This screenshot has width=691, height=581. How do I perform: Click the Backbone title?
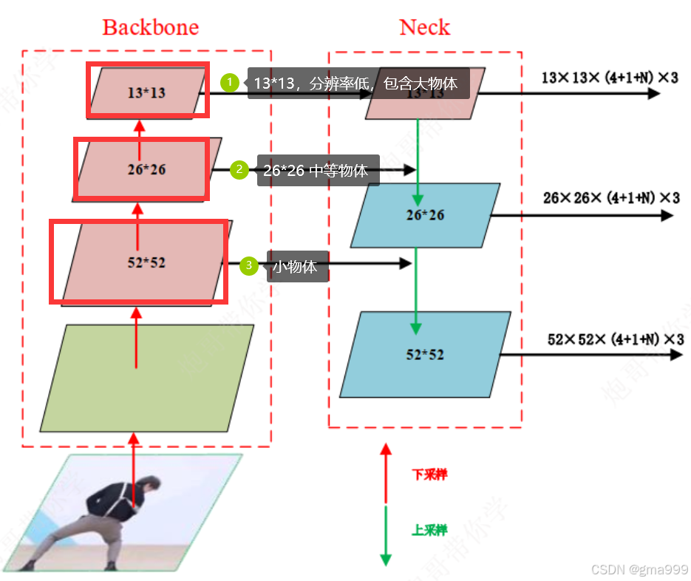(x=151, y=27)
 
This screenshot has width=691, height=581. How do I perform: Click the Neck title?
(x=424, y=27)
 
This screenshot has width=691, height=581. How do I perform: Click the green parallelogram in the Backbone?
(x=147, y=378)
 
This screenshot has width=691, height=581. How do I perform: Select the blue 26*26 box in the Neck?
(x=425, y=215)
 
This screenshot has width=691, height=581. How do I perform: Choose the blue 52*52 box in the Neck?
(x=425, y=354)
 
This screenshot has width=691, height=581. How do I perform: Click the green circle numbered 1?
(x=230, y=83)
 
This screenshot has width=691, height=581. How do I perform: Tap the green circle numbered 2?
(x=239, y=170)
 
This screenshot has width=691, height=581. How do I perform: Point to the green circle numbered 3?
(x=249, y=265)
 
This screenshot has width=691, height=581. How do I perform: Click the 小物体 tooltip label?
(x=296, y=266)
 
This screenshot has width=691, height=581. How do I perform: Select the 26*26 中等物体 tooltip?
(x=318, y=170)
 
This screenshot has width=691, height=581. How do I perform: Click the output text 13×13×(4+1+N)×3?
(x=609, y=77)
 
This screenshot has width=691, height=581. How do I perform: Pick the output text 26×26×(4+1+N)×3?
(x=610, y=197)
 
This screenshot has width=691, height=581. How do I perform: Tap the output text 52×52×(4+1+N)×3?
(x=615, y=339)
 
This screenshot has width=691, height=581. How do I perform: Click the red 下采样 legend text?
(x=429, y=475)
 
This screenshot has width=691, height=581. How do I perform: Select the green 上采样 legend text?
(x=429, y=530)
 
